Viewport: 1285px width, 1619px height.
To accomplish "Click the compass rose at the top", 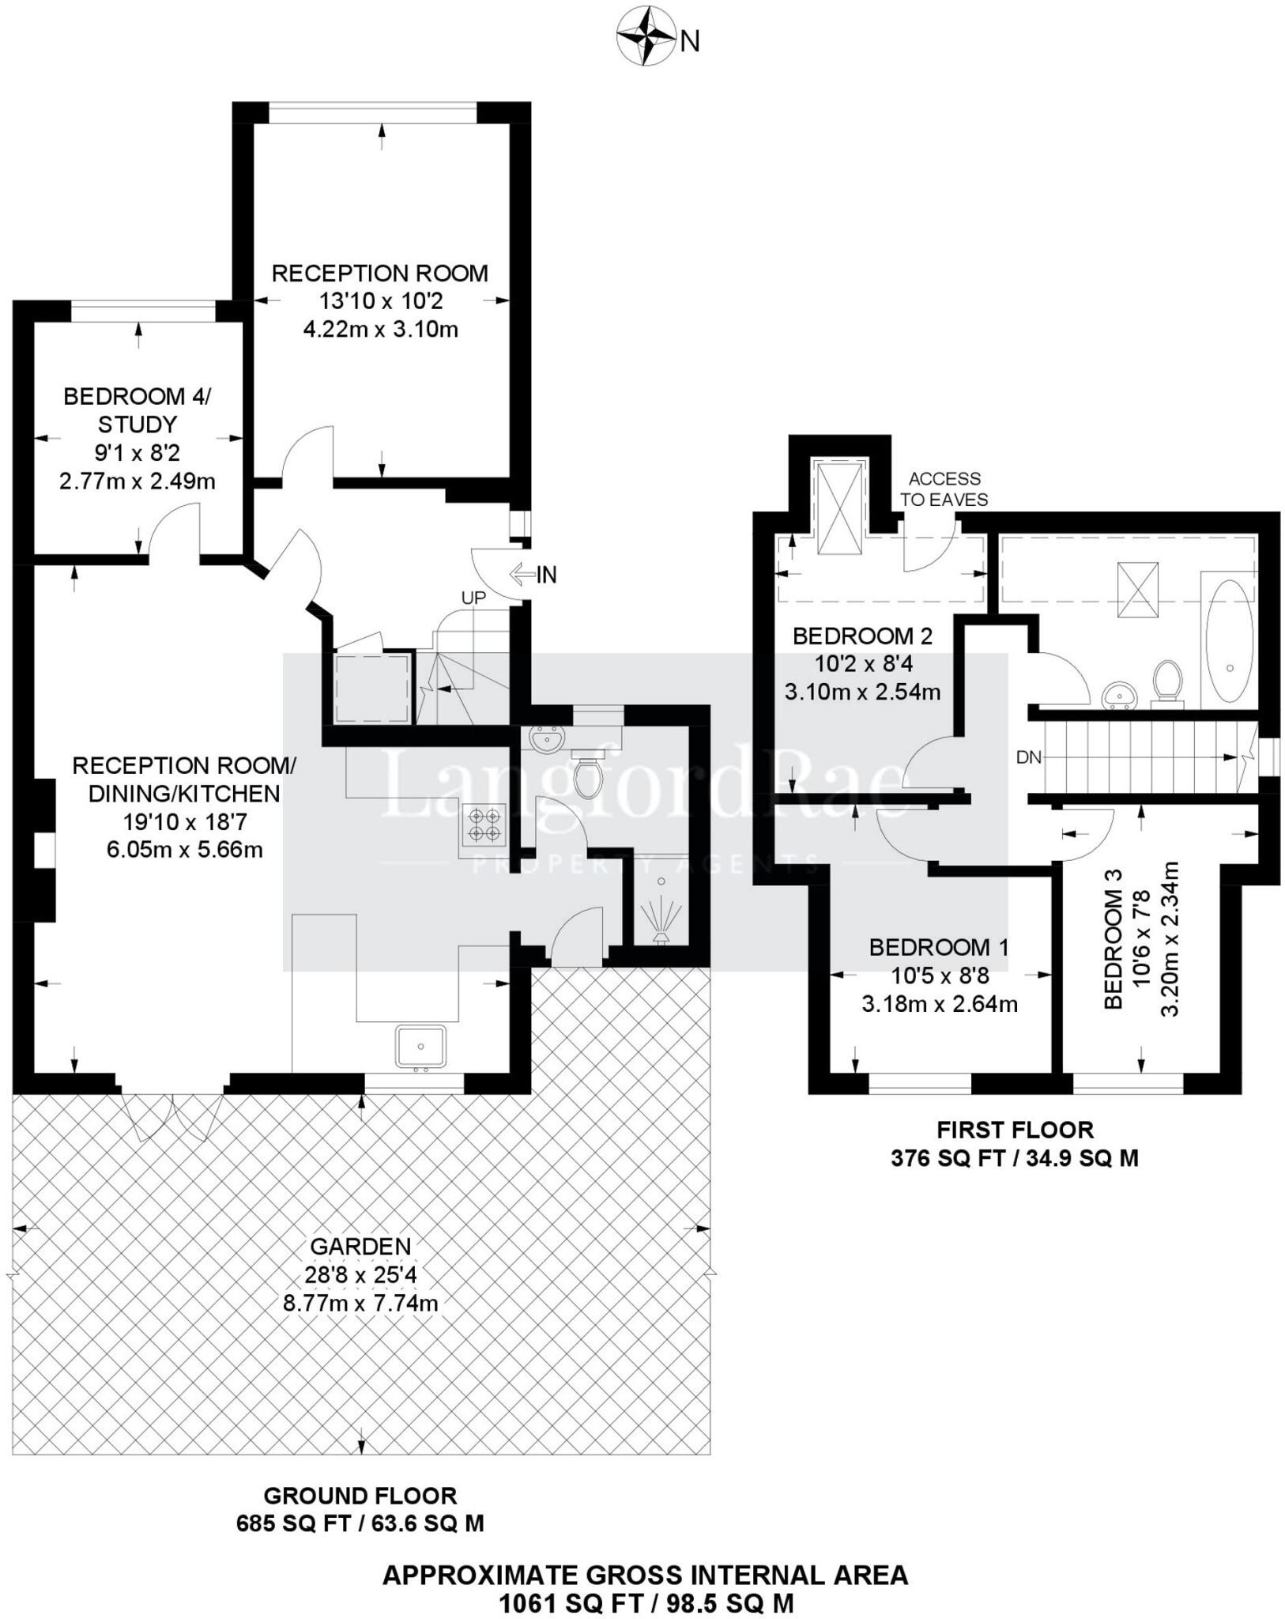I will click(x=646, y=36).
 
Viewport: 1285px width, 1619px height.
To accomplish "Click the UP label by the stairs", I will click(x=473, y=598).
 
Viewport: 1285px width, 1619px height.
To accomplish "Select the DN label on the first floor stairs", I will click(x=1029, y=757).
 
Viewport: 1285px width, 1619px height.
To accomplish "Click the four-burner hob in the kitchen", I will click(x=484, y=823).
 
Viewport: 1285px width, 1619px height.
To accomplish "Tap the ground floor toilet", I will click(x=588, y=777).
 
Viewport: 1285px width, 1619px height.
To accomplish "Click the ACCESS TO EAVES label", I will click(x=944, y=489).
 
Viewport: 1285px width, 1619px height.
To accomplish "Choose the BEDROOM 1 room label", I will click(x=939, y=947).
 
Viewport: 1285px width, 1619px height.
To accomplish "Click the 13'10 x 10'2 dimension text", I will click(x=380, y=301).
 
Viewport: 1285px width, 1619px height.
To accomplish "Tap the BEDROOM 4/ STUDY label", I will click(x=138, y=410).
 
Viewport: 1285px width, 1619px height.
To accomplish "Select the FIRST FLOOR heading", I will click(x=1015, y=1130).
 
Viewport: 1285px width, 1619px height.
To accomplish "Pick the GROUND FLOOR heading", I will click(x=360, y=1496).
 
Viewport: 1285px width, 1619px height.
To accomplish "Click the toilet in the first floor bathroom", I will click(x=1166, y=681).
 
